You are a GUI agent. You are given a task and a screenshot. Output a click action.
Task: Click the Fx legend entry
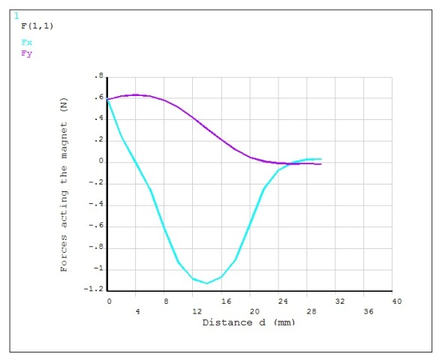coord(27,43)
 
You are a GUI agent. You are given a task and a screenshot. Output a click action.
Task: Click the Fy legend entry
coord(27,53)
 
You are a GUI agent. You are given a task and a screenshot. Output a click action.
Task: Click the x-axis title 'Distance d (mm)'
coord(248,322)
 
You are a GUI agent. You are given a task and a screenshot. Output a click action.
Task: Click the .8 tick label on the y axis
coord(98,76)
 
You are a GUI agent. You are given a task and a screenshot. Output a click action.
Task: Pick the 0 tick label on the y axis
coord(99,161)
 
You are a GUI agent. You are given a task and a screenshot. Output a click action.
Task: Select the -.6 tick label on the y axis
coord(95,226)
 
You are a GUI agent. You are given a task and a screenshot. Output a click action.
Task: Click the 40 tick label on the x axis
coord(397,301)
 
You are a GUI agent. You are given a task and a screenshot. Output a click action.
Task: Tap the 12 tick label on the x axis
coord(195,310)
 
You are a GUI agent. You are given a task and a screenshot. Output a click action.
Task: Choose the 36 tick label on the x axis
coord(368,310)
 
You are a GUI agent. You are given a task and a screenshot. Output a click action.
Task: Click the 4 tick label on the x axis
coord(137,310)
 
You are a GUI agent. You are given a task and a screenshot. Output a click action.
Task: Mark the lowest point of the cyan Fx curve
coord(206,283)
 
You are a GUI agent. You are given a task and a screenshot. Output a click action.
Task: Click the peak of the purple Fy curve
coord(137,94)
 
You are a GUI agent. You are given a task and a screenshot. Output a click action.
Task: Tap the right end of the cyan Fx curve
coord(321,159)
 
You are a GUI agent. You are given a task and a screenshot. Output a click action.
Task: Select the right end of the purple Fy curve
coord(321,163)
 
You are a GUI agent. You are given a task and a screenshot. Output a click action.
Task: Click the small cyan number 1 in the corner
coord(17,15)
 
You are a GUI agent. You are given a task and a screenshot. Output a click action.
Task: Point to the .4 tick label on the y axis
coord(98,118)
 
